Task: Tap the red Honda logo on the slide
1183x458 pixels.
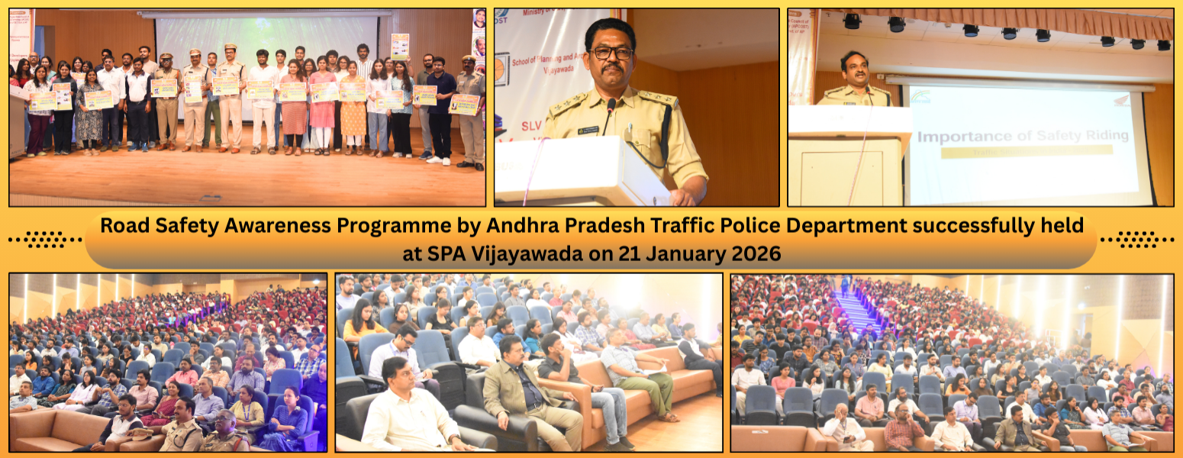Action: [1122, 100]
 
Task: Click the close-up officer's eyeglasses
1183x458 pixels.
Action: [611, 53]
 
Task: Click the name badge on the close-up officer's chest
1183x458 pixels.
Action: [588, 130]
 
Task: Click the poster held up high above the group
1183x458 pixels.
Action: [400, 46]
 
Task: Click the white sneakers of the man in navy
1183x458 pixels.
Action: [439, 160]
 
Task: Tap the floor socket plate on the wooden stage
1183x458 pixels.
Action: [210, 198]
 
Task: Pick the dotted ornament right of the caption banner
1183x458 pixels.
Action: [1137, 240]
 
